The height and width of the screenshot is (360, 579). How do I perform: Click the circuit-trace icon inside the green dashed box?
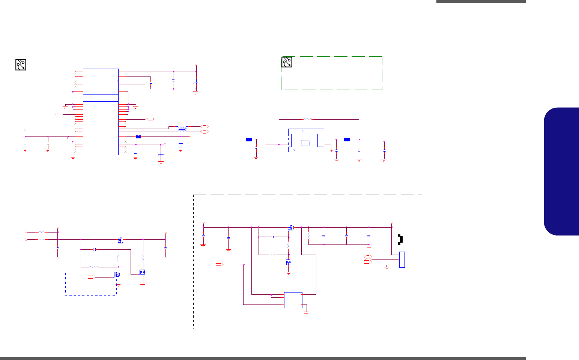click(287, 62)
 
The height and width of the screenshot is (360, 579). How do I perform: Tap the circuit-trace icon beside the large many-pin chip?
click(21, 64)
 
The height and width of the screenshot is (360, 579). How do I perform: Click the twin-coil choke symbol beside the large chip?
click(182, 129)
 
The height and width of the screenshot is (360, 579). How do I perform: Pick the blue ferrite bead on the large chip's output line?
click(138, 137)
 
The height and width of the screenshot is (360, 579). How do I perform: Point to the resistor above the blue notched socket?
click(307, 119)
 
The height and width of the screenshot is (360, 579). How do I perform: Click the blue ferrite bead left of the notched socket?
click(248, 140)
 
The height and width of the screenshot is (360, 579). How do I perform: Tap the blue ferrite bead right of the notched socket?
click(347, 140)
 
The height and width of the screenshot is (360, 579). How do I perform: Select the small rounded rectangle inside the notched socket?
click(305, 142)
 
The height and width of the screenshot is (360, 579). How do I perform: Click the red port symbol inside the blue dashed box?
click(91, 277)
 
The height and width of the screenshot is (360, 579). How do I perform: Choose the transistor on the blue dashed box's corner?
click(117, 274)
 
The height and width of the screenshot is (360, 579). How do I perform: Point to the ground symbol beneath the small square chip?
click(306, 312)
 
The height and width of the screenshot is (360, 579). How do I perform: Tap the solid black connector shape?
click(400, 239)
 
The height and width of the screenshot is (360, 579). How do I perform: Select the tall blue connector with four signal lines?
click(402, 259)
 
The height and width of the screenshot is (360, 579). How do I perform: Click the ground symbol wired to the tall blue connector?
click(387, 267)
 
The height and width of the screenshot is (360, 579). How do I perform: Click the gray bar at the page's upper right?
click(481, 1)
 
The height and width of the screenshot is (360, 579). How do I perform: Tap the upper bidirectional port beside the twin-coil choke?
click(204, 127)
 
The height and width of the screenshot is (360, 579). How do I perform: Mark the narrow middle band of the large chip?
click(101, 98)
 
